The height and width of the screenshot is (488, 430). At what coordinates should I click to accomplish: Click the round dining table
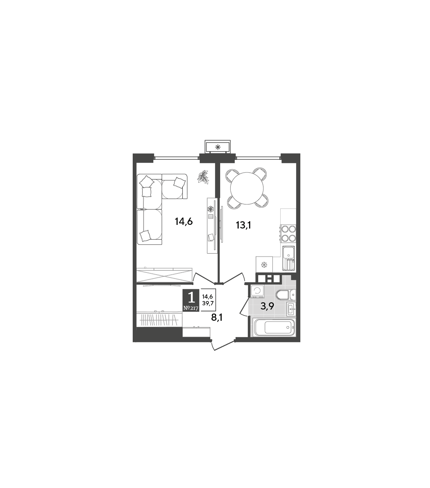(x=247, y=188)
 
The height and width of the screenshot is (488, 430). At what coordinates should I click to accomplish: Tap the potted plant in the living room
(x=203, y=177)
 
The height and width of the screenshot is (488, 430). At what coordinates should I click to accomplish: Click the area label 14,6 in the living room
(x=184, y=222)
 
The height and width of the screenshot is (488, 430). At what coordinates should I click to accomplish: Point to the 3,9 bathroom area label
(x=267, y=306)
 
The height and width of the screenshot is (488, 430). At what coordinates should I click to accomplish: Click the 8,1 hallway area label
(x=217, y=317)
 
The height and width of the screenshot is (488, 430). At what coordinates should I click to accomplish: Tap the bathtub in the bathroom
(x=274, y=327)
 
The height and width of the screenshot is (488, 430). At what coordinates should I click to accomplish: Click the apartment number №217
(x=191, y=308)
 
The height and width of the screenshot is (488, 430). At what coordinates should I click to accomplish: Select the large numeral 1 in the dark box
(x=191, y=298)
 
